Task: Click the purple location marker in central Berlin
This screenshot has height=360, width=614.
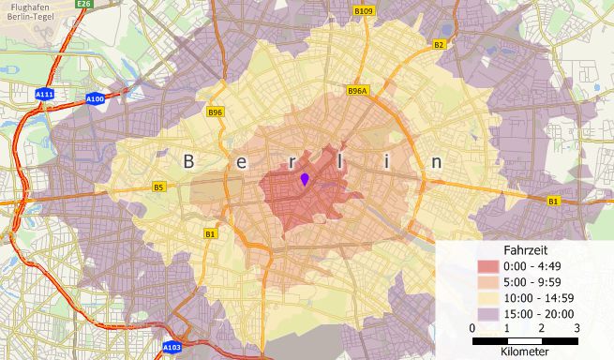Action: coord(305,179)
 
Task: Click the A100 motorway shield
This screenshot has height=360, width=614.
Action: coord(95,98)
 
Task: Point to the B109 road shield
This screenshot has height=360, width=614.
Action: coord(364,11)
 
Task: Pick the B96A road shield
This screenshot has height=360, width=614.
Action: coord(357,91)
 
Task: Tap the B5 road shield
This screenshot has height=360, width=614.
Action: coord(158,187)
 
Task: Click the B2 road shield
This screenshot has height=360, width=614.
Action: coord(438,44)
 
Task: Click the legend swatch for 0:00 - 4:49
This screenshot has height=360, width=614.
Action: coord(488,267)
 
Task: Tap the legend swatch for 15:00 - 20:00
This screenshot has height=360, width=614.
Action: coord(488,313)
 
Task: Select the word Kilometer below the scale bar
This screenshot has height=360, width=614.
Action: coord(526,352)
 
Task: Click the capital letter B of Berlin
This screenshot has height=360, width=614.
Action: coord(188,161)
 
